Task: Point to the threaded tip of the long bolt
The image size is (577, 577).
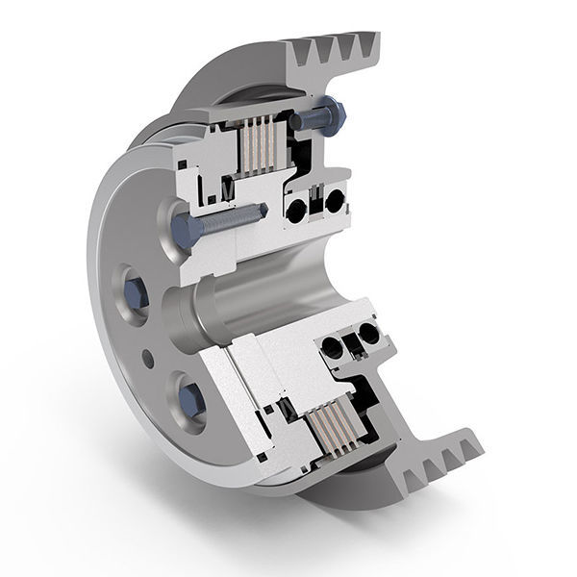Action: point(258,213)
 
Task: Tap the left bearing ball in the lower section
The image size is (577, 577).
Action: point(333,347)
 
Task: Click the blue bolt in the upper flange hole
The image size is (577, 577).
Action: point(134,290)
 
